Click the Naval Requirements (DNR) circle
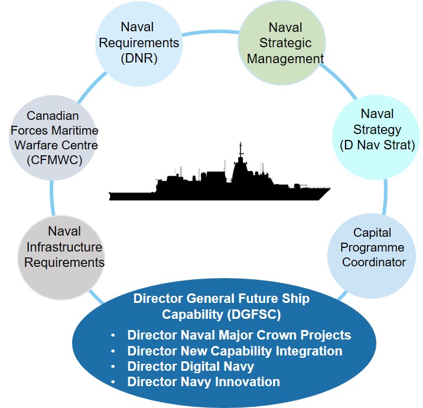click(149, 43)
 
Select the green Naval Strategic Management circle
click(285, 43)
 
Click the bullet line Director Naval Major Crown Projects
click(239, 335)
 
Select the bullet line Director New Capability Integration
click(235, 351)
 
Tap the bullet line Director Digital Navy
click(190, 367)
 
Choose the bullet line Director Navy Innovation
click(203, 382)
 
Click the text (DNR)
click(149, 58)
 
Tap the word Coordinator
click(373, 262)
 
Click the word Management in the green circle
click(285, 58)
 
